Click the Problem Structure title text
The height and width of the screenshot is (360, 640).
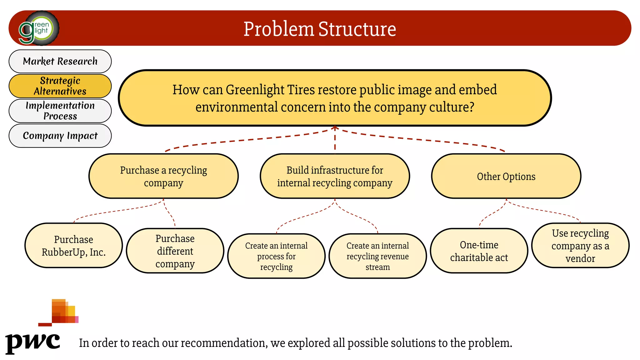(x=320, y=29)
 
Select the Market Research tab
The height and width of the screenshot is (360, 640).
(x=60, y=61)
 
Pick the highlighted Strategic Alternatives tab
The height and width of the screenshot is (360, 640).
(x=60, y=86)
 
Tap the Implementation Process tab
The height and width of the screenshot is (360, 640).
(x=60, y=111)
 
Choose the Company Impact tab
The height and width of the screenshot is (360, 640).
(x=60, y=136)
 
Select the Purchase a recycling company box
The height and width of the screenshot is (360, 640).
(x=163, y=176)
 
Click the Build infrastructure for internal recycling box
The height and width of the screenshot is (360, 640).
(x=335, y=176)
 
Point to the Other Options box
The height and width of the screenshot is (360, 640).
(x=506, y=176)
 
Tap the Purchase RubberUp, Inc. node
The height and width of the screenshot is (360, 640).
(x=73, y=246)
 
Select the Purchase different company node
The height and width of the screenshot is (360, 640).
(x=175, y=251)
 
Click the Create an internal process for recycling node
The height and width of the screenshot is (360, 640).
(x=276, y=256)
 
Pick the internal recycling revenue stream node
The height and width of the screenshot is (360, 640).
(x=377, y=256)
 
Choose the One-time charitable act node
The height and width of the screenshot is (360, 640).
(x=479, y=251)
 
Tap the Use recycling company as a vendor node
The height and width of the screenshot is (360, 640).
(x=580, y=246)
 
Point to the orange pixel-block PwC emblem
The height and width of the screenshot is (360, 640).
(x=62, y=312)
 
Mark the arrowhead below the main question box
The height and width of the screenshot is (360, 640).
(x=335, y=128)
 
